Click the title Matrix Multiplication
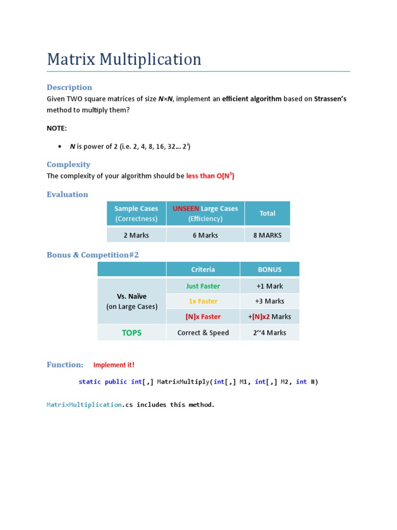(x=124, y=59)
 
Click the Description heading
(x=69, y=87)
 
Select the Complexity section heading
(x=68, y=165)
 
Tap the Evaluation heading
(x=67, y=195)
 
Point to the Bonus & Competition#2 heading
(x=93, y=255)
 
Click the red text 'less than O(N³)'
(x=210, y=176)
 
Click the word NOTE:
(x=57, y=128)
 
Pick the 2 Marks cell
(x=136, y=235)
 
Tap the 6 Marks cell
(x=205, y=235)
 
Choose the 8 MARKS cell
(x=267, y=235)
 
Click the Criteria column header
(x=203, y=270)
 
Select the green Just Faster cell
(x=203, y=286)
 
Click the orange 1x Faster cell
(x=203, y=301)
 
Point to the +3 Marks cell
(x=269, y=301)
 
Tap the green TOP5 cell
(x=131, y=333)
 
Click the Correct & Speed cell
(x=203, y=333)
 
